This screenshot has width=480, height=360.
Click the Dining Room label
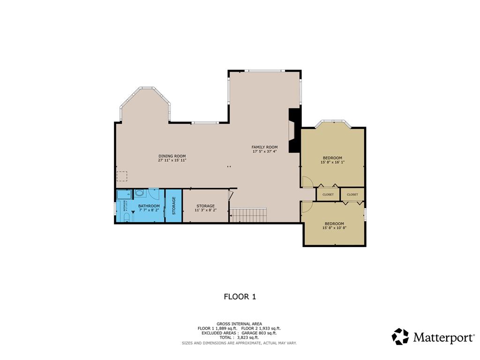point(172,156)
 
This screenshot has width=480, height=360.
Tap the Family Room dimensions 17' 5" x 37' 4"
point(265,151)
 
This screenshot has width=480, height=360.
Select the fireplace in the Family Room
point(293,131)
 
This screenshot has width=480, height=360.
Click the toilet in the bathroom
point(127,217)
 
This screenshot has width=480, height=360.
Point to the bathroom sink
point(140,193)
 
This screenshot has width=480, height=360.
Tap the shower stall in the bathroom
point(124,195)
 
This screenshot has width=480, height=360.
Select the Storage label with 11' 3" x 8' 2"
point(205,206)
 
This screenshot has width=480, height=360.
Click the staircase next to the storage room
point(248,216)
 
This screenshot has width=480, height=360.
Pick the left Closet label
point(328,195)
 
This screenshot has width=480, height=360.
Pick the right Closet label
point(352,195)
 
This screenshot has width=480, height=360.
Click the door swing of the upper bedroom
point(307,182)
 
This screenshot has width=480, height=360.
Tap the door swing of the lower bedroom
point(307,207)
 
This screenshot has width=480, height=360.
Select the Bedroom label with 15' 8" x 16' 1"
point(332,157)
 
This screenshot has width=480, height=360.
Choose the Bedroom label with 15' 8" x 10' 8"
point(333,224)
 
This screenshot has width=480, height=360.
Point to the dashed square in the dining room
point(122,176)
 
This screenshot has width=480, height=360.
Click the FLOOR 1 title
point(240,296)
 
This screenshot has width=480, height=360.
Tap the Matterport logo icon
point(400,337)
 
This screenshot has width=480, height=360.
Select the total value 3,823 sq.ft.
point(248,337)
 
